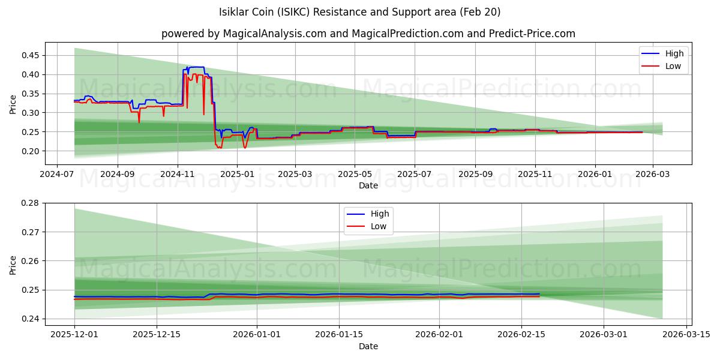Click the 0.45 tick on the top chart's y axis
coord(29,55)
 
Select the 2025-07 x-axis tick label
coord(415,174)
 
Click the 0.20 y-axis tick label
coord(29,151)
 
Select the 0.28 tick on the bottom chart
coord(29,203)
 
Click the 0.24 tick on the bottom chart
coord(29,319)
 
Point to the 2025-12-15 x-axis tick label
coord(157,334)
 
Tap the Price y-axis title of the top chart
coord(13,104)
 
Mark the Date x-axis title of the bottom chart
coord(368,346)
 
